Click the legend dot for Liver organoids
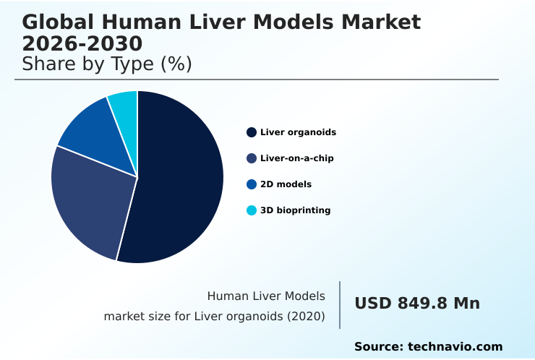[x=252, y=132]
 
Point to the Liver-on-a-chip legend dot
[x=252, y=158]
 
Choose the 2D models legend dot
[x=252, y=184]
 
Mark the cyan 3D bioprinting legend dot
[x=252, y=210]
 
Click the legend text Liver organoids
[x=298, y=132]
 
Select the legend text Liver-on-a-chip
[x=296, y=158]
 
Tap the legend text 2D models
[x=286, y=184]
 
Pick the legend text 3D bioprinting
[x=295, y=210]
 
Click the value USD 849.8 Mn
[x=417, y=304]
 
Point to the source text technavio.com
[x=455, y=347]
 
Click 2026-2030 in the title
[x=82, y=43]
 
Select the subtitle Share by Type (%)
[x=107, y=64]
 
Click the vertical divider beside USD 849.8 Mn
[x=340, y=305]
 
